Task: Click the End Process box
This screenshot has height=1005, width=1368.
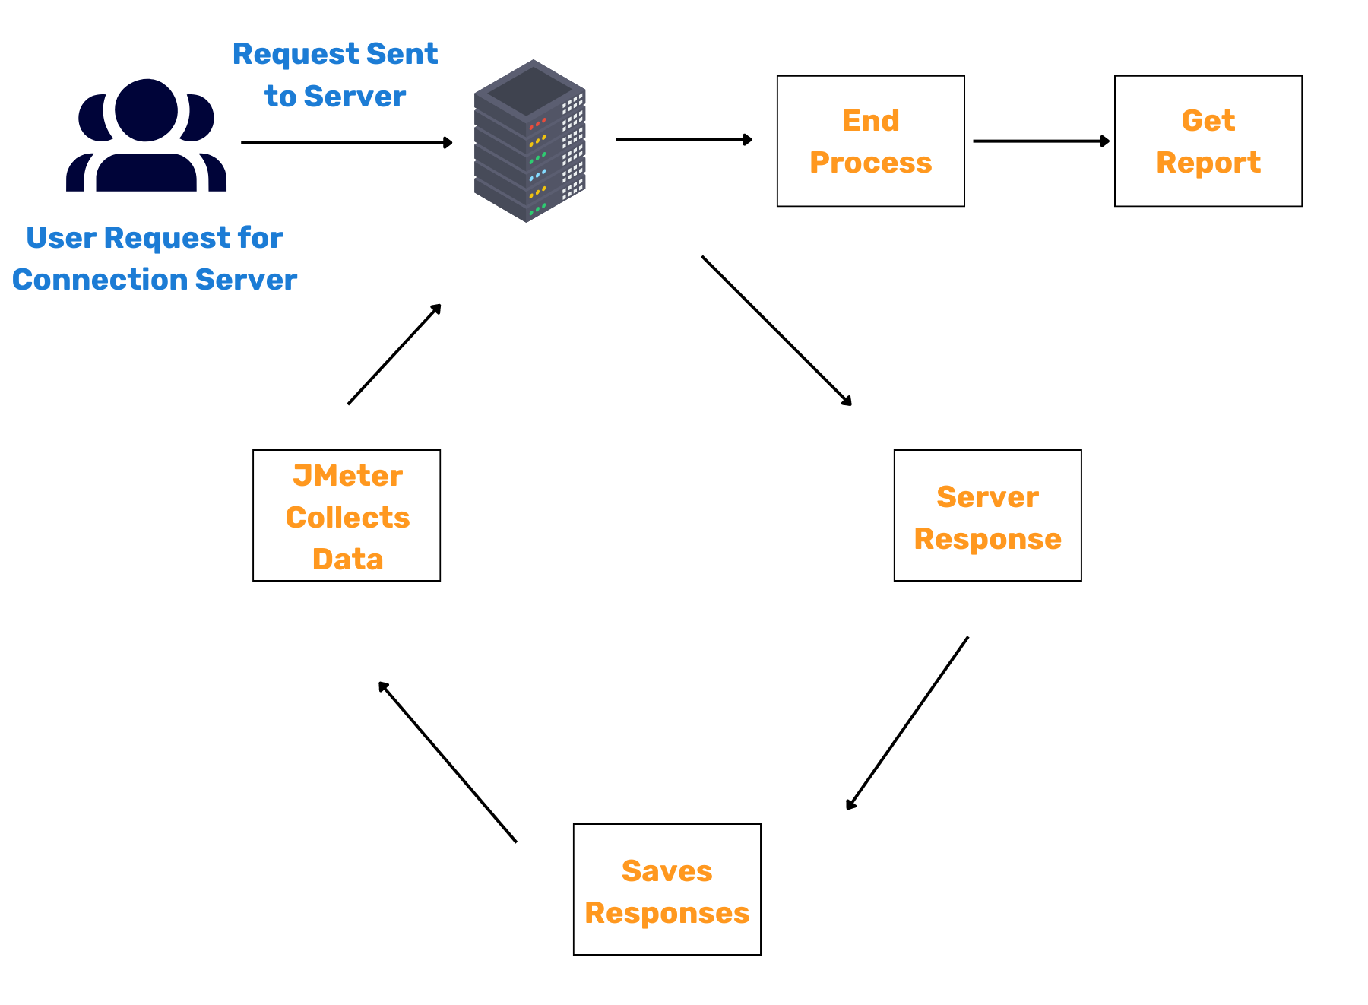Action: [x=870, y=141]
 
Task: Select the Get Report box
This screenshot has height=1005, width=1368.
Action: [x=1208, y=141]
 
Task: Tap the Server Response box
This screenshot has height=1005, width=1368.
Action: [x=987, y=515]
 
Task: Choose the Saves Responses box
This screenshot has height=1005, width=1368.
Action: [x=667, y=889]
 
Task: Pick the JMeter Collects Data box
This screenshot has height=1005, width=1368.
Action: [x=347, y=515]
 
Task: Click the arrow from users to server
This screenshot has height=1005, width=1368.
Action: [x=346, y=142]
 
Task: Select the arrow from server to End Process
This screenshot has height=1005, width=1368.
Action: [x=682, y=140]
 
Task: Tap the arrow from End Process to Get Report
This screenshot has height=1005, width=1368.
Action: [x=1040, y=141]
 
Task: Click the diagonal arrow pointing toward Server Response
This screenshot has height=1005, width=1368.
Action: [x=775, y=330]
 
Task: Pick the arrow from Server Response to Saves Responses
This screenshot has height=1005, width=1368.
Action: [x=907, y=722]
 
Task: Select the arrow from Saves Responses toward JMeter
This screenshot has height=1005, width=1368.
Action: [x=448, y=762]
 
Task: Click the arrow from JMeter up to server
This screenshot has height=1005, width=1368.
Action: [x=394, y=354]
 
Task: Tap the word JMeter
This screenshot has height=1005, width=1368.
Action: [x=347, y=476]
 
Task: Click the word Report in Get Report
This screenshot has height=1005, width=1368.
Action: [x=1208, y=163]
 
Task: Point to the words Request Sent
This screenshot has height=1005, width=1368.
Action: [x=335, y=54]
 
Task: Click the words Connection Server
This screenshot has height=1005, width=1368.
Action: [x=154, y=280]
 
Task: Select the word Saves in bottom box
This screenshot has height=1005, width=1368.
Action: [x=667, y=871]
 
